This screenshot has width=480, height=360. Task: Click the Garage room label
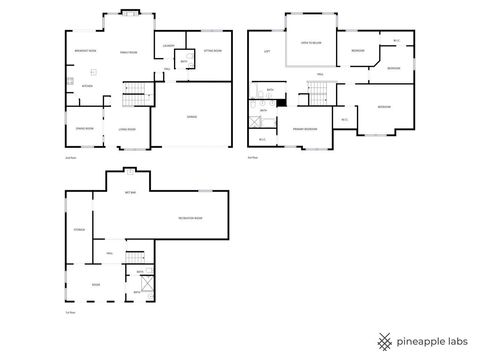pos(190,117)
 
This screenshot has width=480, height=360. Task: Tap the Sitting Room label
pos(212,49)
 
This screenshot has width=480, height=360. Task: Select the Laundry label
pos(169,47)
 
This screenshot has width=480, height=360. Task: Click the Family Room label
pos(128,51)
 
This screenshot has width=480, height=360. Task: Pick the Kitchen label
pos(87,86)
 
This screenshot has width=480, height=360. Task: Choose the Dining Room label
pos(85,128)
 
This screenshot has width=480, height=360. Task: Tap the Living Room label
pos(128,128)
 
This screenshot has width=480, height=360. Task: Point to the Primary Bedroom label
pos(306,128)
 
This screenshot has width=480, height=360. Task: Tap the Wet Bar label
pos(130,191)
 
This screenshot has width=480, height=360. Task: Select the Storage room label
pos(78,230)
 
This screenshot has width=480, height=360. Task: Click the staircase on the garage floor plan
pos(134,96)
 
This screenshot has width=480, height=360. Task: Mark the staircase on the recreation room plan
pos(134,257)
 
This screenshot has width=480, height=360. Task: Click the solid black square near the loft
pos(282,100)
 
